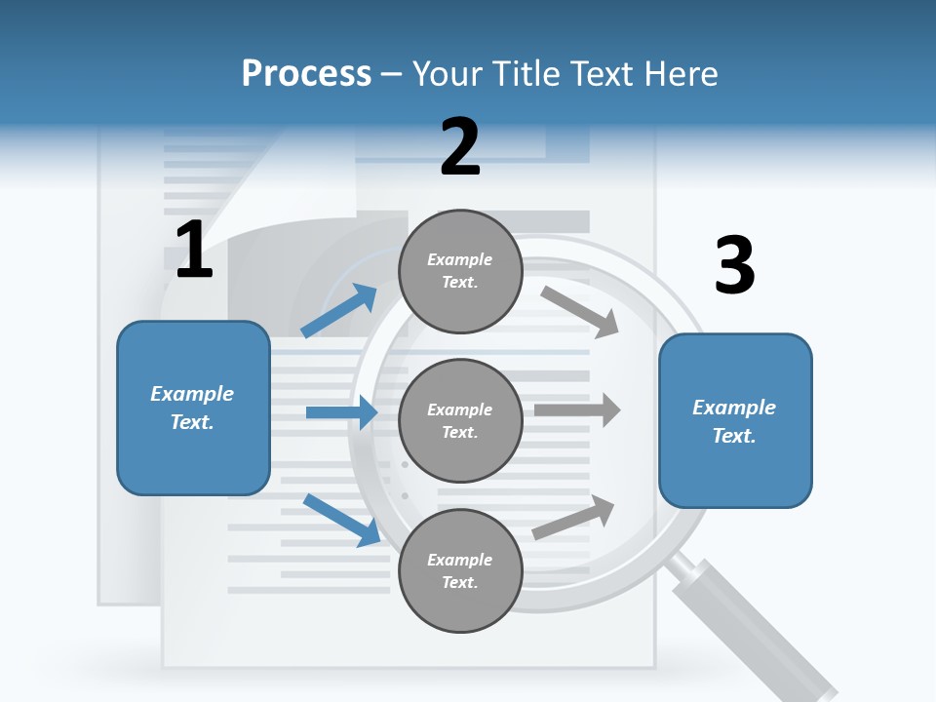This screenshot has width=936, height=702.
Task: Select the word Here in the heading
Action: pyautogui.click(x=681, y=74)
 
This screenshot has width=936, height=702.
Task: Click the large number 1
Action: pyautogui.click(x=194, y=249)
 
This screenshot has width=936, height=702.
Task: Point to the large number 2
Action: pyautogui.click(x=460, y=146)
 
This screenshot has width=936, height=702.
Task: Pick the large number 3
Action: pyautogui.click(x=735, y=264)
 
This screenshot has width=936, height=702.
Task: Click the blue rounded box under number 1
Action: pyautogui.click(x=193, y=409)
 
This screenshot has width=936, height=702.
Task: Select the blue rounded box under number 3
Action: pyautogui.click(x=735, y=421)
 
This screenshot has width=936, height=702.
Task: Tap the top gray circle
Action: pyautogui.click(x=460, y=272)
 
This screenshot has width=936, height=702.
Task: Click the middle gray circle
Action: pyautogui.click(x=460, y=421)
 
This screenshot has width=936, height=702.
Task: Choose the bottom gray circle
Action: pyautogui.click(x=460, y=571)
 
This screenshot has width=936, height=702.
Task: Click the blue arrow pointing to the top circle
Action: pyautogui.click(x=338, y=310)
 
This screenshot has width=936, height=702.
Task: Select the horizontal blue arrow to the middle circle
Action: pyautogui.click(x=341, y=412)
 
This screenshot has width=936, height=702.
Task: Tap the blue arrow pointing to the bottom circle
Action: pyautogui.click(x=342, y=520)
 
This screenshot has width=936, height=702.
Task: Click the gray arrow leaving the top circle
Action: pyautogui.click(x=579, y=312)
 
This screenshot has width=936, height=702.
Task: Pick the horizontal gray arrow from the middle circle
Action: pyautogui.click(x=577, y=409)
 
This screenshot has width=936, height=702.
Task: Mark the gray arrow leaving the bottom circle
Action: pyautogui.click(x=573, y=517)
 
